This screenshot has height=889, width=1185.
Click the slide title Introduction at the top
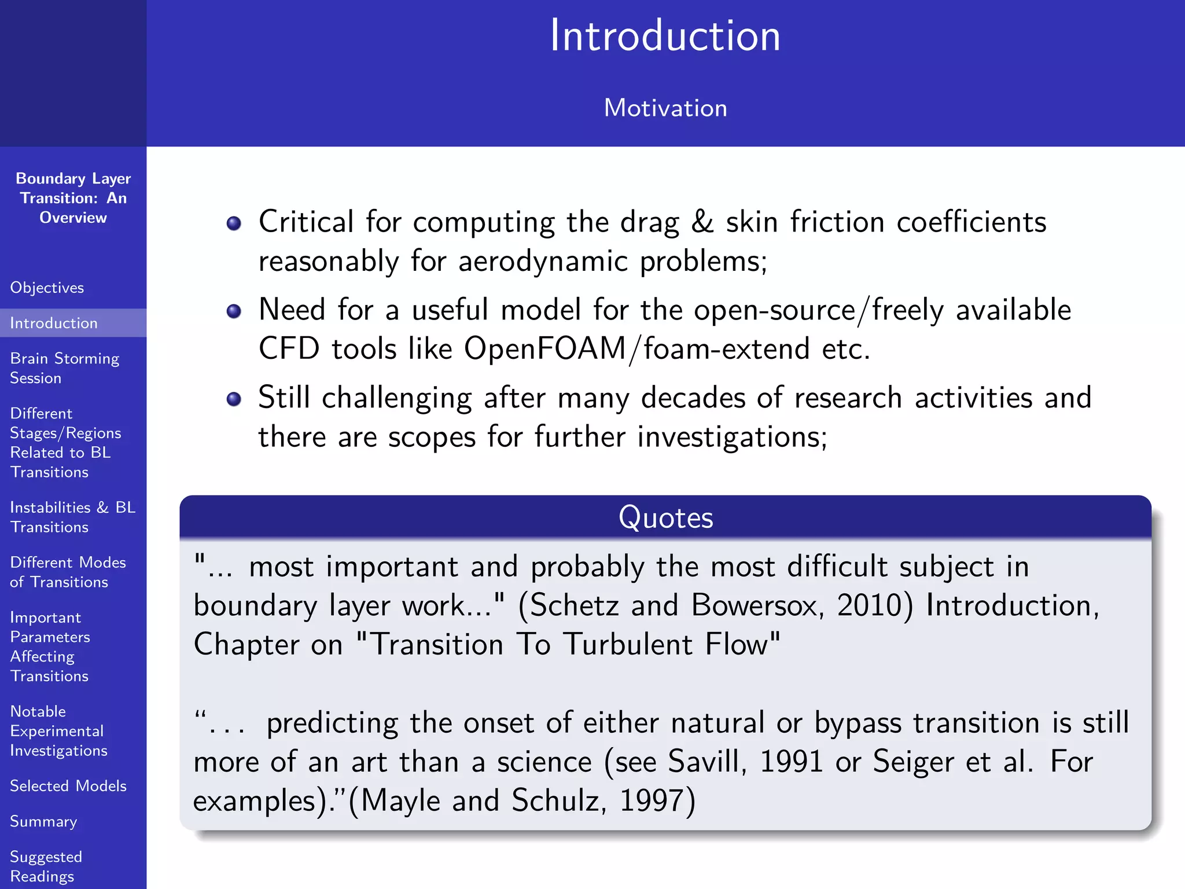click(665, 36)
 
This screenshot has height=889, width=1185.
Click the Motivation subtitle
click(665, 108)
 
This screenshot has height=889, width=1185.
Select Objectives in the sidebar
click(47, 288)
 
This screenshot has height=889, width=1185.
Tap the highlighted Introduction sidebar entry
click(54, 323)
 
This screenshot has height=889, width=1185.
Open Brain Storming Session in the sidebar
click(64, 368)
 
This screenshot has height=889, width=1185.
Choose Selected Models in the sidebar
click(68, 786)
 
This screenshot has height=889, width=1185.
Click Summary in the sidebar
click(43, 821)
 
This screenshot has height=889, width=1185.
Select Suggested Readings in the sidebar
click(46, 866)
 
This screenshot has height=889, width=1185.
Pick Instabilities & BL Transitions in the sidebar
click(72, 517)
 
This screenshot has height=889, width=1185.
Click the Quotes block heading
click(665, 517)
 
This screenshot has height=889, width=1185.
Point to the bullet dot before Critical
click(234, 223)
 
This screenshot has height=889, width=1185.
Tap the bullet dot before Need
click(234, 311)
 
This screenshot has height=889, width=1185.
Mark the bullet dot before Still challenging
click(234, 399)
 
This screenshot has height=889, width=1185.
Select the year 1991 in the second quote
click(791, 762)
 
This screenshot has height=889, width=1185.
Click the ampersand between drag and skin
click(702, 222)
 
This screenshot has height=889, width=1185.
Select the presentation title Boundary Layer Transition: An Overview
click(73, 198)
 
